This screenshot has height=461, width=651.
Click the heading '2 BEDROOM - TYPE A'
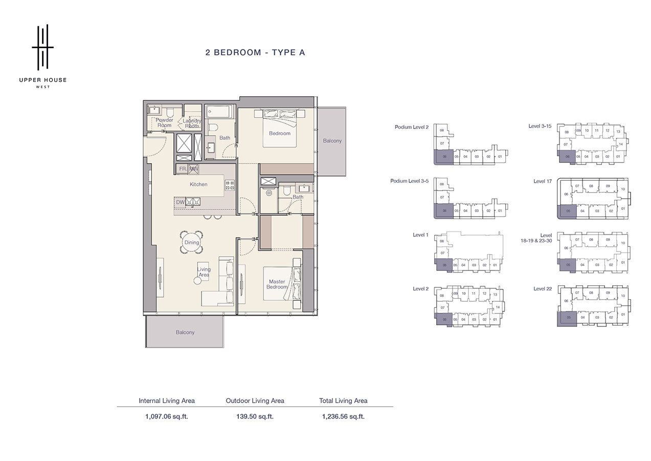point(255,52)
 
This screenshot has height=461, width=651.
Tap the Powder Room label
point(165,122)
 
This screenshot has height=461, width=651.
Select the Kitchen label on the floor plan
point(198,184)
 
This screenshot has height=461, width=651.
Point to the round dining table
point(192,242)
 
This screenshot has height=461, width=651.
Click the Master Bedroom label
point(277,284)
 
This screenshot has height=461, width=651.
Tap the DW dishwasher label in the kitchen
point(180,202)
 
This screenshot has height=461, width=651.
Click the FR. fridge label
point(183,169)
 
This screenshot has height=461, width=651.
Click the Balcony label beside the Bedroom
point(332,141)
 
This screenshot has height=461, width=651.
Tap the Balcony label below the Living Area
point(185,332)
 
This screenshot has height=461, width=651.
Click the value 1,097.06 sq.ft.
point(167,416)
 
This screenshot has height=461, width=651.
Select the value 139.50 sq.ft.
point(255,416)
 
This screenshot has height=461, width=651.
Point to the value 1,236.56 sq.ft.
point(343,416)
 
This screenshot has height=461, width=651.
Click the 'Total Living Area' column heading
point(343,401)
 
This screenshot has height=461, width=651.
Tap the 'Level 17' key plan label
point(542,181)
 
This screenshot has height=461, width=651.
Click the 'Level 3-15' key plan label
point(541,125)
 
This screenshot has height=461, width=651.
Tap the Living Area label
point(204,272)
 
